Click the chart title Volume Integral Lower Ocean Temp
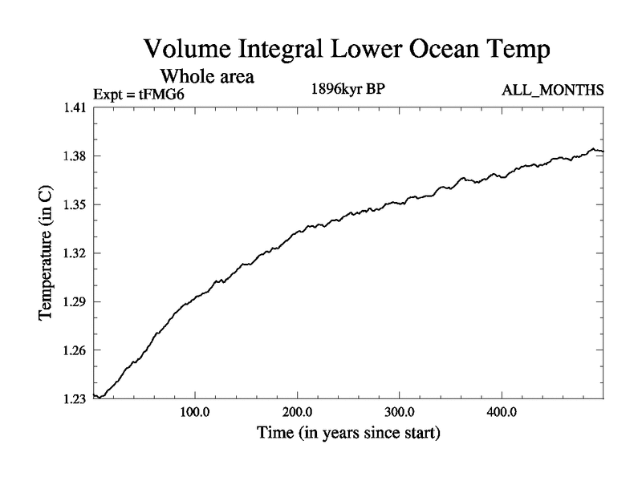pos(347,49)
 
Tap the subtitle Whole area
pos(208,77)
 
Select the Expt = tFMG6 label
pos(144,93)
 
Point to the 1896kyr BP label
pos(347,88)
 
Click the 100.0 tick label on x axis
pos(195,415)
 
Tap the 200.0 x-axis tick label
pos(298,415)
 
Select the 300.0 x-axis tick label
pos(400,415)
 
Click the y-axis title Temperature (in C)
pos(46,253)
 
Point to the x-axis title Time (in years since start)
pos(348,435)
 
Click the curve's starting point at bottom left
pos(95,395)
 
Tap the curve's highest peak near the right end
pos(592,148)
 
